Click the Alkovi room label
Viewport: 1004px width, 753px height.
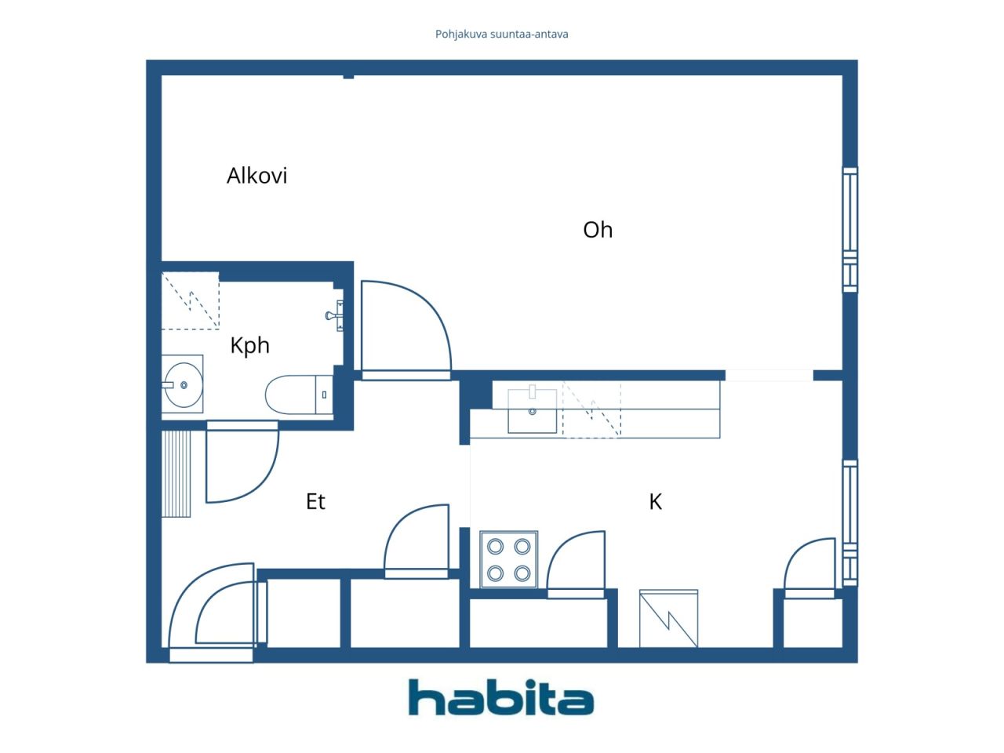pyautogui.click(x=256, y=176)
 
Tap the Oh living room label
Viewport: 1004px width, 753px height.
pyautogui.click(x=598, y=230)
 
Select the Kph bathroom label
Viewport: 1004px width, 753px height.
pyautogui.click(x=249, y=346)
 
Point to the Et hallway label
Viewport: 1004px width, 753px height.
pyautogui.click(x=315, y=501)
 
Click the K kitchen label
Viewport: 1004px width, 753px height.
pyautogui.click(x=655, y=501)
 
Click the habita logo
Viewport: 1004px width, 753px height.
pyautogui.click(x=501, y=697)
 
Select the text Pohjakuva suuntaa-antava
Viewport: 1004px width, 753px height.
pyautogui.click(x=501, y=35)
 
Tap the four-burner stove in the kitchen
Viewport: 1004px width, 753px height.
pyautogui.click(x=508, y=559)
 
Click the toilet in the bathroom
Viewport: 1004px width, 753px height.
pyautogui.click(x=299, y=395)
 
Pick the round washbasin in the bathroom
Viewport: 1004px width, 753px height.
pyautogui.click(x=184, y=385)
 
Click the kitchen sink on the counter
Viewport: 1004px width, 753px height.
pyautogui.click(x=532, y=409)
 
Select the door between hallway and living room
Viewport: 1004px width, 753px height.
pyautogui.click(x=406, y=330)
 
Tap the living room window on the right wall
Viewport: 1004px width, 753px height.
pyautogui.click(x=849, y=230)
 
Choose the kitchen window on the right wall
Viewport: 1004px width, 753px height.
pyautogui.click(x=849, y=522)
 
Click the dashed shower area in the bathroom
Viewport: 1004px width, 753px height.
pyautogui.click(x=191, y=300)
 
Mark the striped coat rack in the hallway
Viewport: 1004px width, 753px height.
pyautogui.click(x=176, y=473)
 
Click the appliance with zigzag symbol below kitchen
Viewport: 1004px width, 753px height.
pyautogui.click(x=668, y=619)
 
